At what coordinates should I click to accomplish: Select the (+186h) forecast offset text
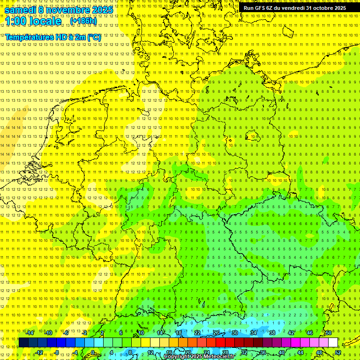83,21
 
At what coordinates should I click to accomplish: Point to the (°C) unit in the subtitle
93,37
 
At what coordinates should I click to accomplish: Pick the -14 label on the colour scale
30,333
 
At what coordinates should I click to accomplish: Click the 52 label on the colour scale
338,352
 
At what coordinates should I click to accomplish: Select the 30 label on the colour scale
235,333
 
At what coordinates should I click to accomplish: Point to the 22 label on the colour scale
197,333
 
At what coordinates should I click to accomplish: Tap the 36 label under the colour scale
263,352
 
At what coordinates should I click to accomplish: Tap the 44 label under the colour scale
300,352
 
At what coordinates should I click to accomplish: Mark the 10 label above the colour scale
141,333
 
